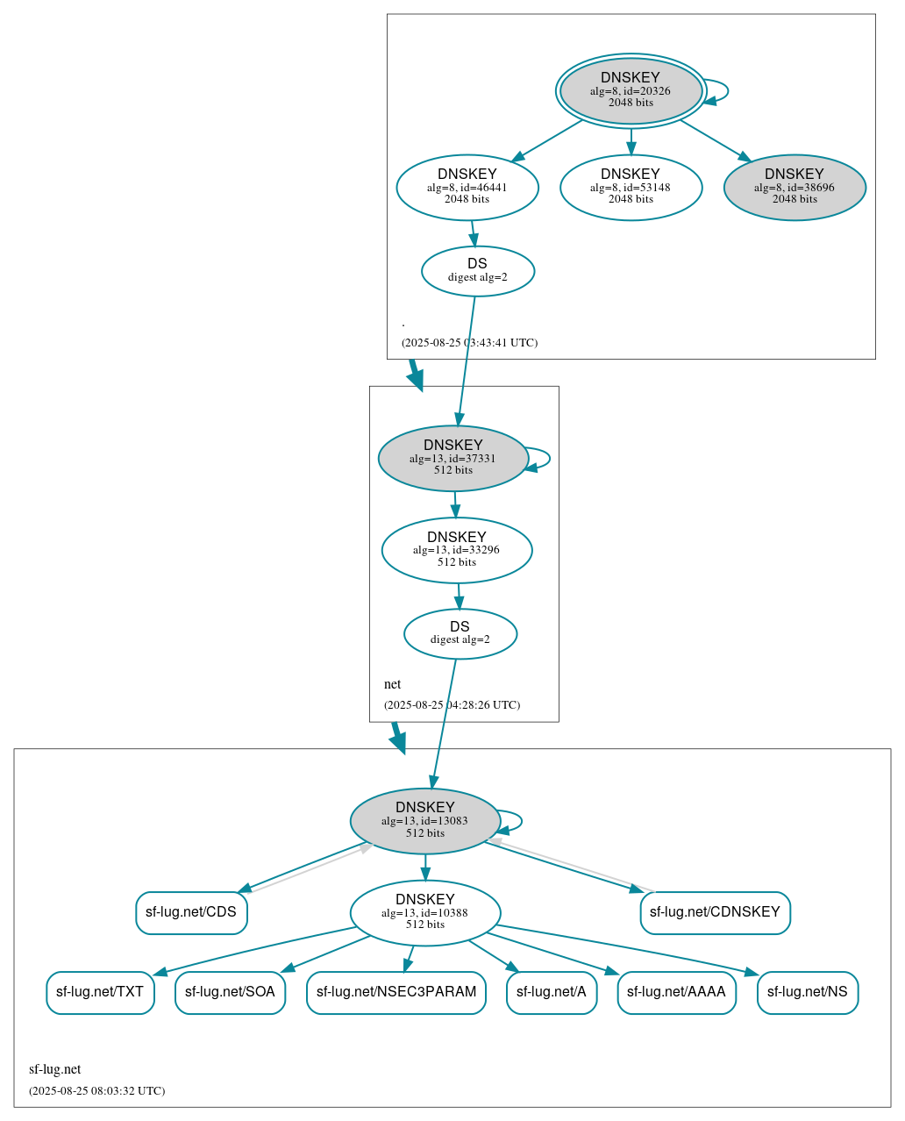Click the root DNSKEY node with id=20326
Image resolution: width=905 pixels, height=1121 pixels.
(631, 90)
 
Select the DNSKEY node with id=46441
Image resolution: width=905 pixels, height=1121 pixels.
(467, 187)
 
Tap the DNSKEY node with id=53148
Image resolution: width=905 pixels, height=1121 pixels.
(631, 187)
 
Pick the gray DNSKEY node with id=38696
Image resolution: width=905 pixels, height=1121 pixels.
(795, 187)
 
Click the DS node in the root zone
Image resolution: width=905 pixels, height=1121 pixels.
(478, 271)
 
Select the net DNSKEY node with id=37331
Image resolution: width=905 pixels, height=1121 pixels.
(453, 458)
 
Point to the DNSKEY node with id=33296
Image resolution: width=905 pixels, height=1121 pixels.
(457, 550)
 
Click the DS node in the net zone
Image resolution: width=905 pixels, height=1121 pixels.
(460, 633)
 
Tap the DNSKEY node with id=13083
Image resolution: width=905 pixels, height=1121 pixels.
(425, 821)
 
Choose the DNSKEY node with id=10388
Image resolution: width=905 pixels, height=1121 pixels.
(425, 913)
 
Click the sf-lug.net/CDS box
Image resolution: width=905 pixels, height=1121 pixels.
(191, 912)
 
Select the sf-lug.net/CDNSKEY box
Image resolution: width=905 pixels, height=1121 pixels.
(715, 912)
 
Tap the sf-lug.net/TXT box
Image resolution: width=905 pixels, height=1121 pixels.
(100, 992)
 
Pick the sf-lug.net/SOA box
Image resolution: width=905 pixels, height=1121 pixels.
(230, 992)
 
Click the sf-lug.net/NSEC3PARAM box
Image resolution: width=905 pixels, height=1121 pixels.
(396, 992)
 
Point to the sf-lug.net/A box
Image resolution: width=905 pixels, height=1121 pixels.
(552, 992)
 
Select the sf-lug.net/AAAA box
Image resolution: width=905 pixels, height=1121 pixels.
(676, 992)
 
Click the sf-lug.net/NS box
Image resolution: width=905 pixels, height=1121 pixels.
(808, 992)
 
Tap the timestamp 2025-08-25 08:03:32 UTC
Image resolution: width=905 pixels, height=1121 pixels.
(96, 1091)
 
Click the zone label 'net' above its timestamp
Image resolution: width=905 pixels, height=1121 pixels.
(392, 684)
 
